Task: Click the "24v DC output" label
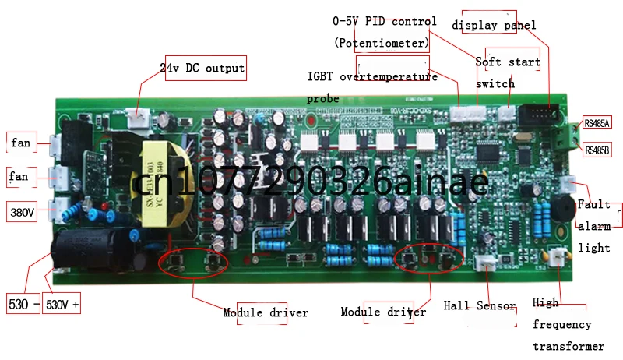(x=202, y=69)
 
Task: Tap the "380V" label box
(x=22, y=211)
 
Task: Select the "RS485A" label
(x=597, y=122)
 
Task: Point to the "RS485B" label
(x=597, y=150)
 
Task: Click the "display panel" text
(x=494, y=25)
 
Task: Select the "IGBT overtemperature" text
(x=373, y=76)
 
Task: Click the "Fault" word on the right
(x=593, y=205)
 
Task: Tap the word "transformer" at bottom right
(x=568, y=346)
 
